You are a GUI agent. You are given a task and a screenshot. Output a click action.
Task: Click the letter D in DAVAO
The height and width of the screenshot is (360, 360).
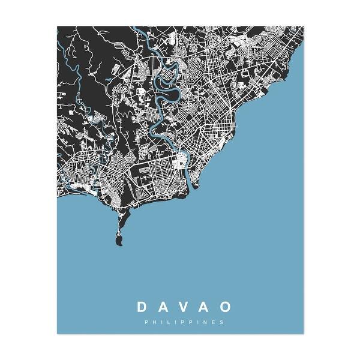coord(141,307)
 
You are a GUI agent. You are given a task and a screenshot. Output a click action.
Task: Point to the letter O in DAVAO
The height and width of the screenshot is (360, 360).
coord(225,307)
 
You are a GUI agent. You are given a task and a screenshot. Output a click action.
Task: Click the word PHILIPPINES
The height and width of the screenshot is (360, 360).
coord(184,322)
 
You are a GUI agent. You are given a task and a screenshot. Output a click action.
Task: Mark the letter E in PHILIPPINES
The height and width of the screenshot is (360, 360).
coord(214,322)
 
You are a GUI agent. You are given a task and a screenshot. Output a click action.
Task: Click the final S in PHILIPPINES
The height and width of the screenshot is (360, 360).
coord(222,322)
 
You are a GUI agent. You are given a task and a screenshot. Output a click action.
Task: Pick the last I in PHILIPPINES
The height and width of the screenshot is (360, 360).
coord(197,322)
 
